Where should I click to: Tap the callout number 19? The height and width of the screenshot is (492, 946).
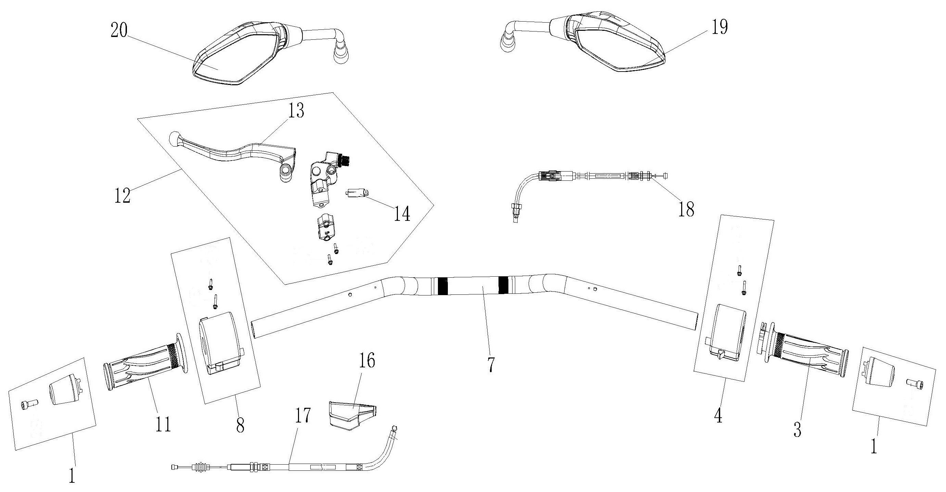pyautogui.click(x=720, y=27)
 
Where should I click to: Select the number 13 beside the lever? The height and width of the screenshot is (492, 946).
pyautogui.click(x=296, y=111)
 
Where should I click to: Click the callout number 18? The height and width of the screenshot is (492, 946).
pyautogui.click(x=686, y=209)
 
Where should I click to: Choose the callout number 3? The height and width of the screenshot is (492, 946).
pyautogui.click(x=797, y=429)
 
